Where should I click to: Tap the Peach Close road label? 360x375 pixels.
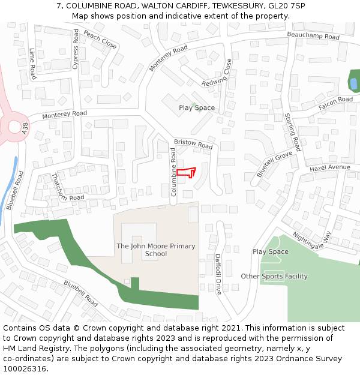click(100, 40)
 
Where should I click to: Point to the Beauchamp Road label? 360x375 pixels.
click(313, 37)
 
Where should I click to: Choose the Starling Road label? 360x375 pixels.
click(293, 131)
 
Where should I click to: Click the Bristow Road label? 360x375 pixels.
click(193, 145)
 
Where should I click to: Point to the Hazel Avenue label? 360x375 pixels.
click(329, 168)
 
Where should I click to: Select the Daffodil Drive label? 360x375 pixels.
click(218, 273)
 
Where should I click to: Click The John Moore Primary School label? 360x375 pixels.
click(155, 250)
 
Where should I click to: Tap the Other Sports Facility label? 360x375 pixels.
click(274, 277)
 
